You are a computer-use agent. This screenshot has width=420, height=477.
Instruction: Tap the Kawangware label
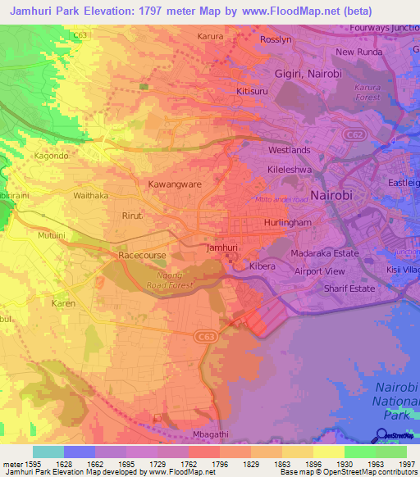[174, 184]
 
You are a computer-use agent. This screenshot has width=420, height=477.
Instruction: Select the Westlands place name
[290, 150]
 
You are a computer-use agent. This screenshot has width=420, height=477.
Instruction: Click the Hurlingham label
[285, 222]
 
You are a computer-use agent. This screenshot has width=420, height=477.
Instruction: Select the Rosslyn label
[276, 39]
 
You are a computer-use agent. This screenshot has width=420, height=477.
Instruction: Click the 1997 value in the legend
[407, 464]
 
